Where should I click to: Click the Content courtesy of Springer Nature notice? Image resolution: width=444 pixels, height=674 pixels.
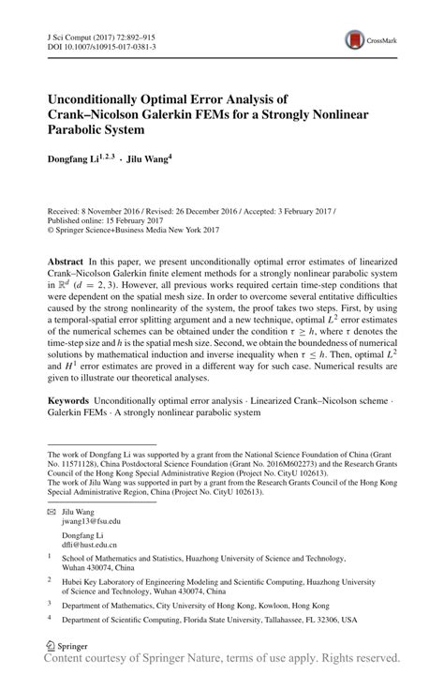tap(222, 659)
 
